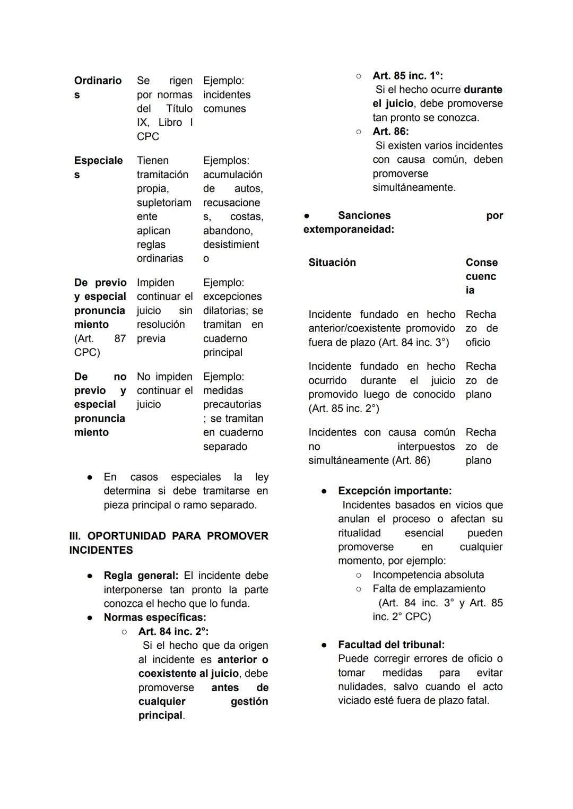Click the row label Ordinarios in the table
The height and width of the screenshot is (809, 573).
pyautogui.click(x=98, y=88)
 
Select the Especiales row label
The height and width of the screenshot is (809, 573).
pyautogui.click(x=98, y=167)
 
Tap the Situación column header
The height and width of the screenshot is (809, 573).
pyautogui.click(x=332, y=263)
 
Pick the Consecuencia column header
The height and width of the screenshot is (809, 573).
pyautogui.click(x=481, y=276)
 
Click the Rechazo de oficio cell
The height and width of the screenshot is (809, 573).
pyautogui.click(x=481, y=328)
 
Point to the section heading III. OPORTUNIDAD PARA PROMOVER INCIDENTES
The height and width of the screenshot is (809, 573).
pyautogui.click(x=169, y=543)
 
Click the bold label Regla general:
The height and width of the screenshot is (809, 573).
pyautogui.click(x=141, y=576)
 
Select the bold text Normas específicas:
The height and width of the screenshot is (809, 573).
pyautogui.click(x=155, y=617)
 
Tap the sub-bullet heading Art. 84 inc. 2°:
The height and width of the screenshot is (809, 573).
pyautogui.click(x=173, y=631)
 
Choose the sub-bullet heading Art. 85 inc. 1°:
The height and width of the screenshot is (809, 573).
pyautogui.click(x=407, y=76)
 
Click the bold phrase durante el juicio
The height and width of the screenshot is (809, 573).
pyautogui.click(x=438, y=97)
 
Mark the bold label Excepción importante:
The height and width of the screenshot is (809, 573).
pyautogui.click(x=395, y=491)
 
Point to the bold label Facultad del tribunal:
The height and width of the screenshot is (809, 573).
pyautogui.click(x=391, y=645)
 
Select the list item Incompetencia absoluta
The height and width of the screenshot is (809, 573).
pyautogui.click(x=428, y=575)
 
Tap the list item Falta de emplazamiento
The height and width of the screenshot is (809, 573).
pyautogui.click(x=429, y=589)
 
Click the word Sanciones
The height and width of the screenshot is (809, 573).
pyautogui.click(x=364, y=215)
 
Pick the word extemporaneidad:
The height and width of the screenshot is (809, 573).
pyautogui.click(x=349, y=230)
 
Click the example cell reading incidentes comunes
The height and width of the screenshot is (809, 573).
pyautogui.click(x=227, y=101)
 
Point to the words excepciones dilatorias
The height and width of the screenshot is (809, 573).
pyautogui.click(x=232, y=303)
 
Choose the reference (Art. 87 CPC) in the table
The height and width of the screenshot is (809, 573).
pyautogui.click(x=100, y=345)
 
